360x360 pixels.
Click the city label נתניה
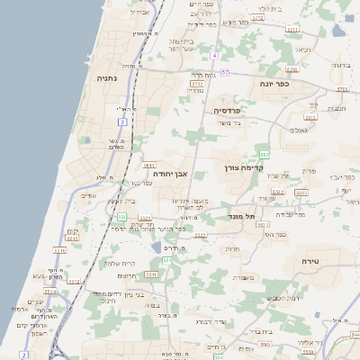point(112,79)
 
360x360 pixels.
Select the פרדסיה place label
point(226,110)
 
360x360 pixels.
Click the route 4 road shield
point(214,56)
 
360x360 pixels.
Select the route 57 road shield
point(226,72)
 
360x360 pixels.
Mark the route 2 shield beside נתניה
point(122,120)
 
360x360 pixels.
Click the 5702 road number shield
point(197,83)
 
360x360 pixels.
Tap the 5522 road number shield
point(200,235)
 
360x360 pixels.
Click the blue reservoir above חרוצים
point(157,247)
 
